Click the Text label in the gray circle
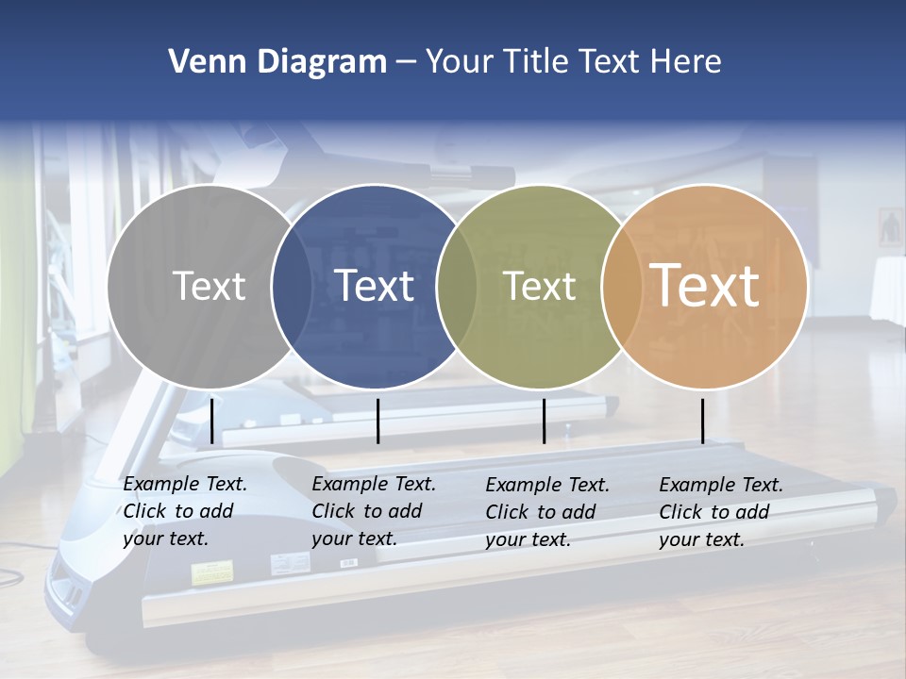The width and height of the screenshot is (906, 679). coord(209,286)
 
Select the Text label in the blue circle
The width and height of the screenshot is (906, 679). coord(375,286)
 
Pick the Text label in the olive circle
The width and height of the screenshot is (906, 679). coord(539,286)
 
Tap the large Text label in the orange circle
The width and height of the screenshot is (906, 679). coord(705,286)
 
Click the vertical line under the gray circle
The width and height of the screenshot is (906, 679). coord(211,421)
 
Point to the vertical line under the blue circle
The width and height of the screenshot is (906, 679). coord(377,421)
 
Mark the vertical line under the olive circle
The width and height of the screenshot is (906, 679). coord(544,421)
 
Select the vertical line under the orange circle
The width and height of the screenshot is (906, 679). coord(702,421)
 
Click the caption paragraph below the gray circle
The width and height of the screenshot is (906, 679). coord(185,511)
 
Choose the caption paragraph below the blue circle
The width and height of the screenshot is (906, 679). coord(374,511)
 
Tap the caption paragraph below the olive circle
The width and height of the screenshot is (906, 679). coord(547,512)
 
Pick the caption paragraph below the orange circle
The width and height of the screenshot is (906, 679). coord(721,512)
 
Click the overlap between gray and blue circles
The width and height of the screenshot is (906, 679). coord(292,287)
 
